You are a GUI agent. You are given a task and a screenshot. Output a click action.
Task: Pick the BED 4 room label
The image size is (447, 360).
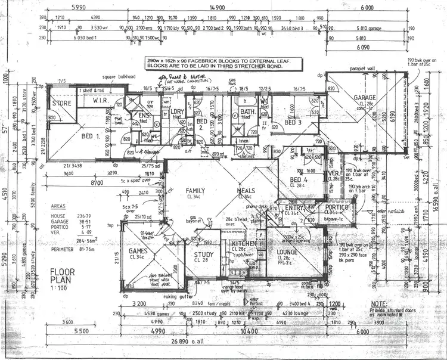click(x=298, y=179)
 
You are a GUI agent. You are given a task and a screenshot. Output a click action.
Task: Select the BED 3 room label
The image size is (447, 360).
click(x=293, y=122)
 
